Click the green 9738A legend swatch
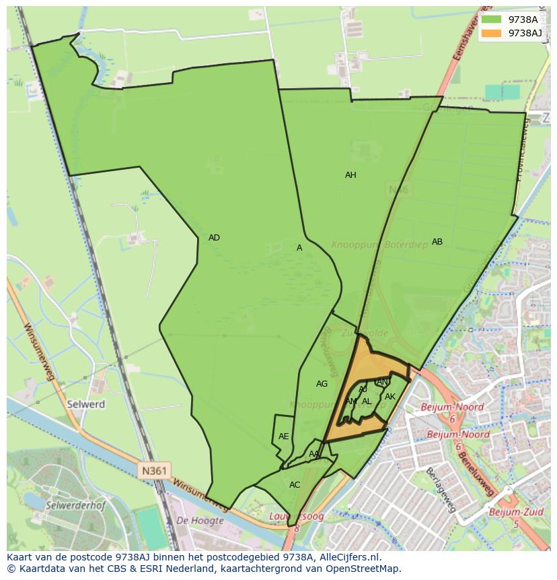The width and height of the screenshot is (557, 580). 491,20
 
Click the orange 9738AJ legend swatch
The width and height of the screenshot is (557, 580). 491,33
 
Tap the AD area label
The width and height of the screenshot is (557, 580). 214,238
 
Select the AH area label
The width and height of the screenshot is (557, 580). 350,175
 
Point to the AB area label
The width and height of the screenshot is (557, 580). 437,242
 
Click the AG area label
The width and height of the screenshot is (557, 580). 322,384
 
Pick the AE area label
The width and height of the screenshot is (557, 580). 284,437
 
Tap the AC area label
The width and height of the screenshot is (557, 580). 295,485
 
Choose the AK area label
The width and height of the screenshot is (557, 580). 390,397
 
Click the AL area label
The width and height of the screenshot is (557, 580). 367,401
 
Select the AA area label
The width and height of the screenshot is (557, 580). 314,454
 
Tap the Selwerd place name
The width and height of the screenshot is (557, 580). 86,404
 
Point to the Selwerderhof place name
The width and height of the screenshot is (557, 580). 74,504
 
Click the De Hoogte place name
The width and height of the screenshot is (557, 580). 200,521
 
